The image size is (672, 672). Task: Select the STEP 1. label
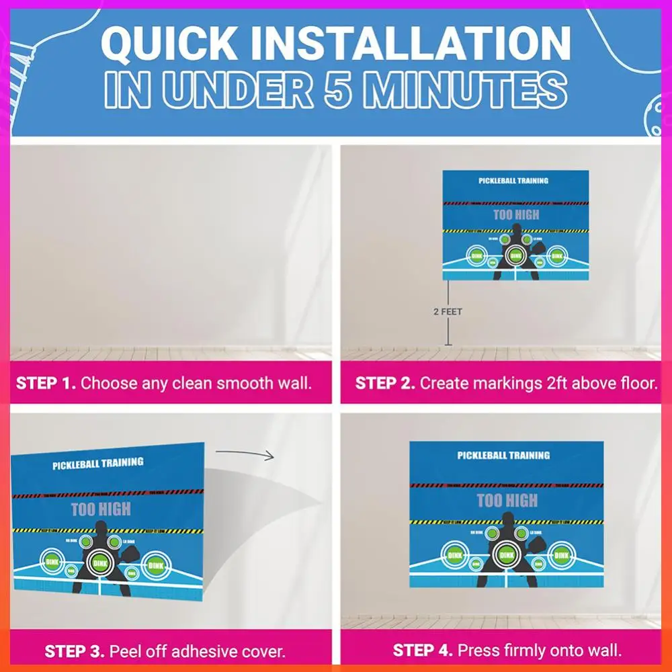[46, 384]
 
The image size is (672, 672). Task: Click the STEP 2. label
[384, 384]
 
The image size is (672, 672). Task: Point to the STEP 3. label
[74, 651]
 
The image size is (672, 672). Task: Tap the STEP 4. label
[422, 651]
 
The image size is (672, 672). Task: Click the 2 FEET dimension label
[448, 312]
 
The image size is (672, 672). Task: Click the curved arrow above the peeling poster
[246, 455]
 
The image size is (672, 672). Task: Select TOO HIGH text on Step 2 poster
[516, 215]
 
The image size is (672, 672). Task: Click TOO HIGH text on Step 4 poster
[507, 501]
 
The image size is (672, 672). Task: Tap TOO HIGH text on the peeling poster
[101, 509]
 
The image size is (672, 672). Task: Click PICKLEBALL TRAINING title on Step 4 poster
[503, 456]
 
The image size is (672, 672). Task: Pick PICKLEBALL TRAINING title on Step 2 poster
[513, 181]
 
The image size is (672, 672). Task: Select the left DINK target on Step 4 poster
[454, 555]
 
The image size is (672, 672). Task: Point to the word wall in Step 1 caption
[294, 384]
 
